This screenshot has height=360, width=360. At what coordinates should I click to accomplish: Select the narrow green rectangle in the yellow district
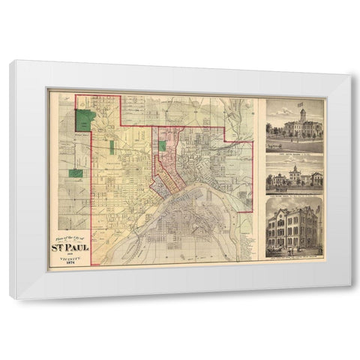[112, 147]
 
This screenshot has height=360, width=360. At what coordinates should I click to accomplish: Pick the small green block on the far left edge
[76, 173]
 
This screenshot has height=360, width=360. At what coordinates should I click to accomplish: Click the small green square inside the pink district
[161, 145]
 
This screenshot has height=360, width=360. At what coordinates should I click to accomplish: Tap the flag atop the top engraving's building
[300, 104]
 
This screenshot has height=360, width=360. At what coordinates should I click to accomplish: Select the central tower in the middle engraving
[295, 172]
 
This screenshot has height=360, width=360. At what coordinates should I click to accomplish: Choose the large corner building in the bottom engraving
[294, 226]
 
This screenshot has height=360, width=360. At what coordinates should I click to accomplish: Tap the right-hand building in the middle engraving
[316, 178]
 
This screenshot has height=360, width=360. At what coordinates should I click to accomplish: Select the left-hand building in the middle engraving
[276, 179]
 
